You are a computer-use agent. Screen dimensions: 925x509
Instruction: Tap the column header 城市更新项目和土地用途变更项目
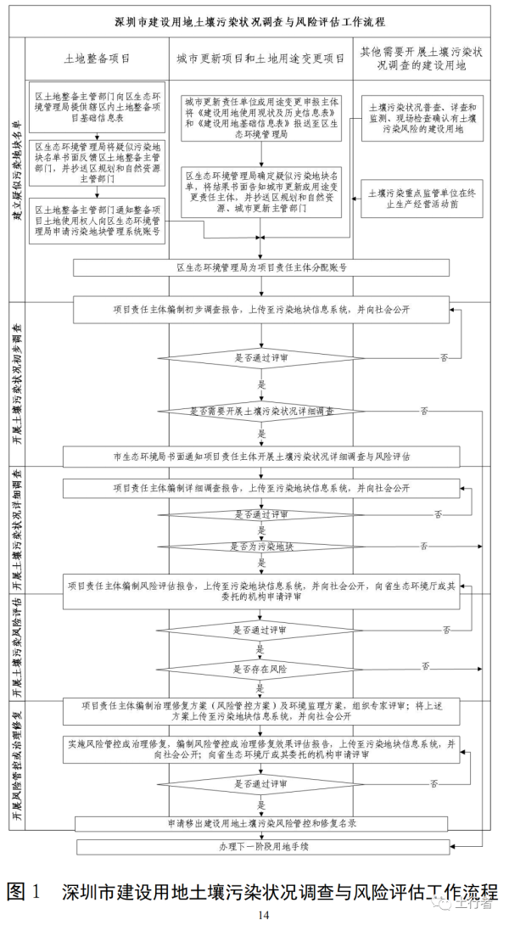coord(260,59)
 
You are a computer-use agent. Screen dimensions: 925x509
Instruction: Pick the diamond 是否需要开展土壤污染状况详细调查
coord(260,411)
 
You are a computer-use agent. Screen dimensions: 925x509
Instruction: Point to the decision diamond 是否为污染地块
coord(260,546)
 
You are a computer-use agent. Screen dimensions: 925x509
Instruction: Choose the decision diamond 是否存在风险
coord(260,669)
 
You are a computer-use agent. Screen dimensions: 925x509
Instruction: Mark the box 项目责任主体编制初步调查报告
coord(261,310)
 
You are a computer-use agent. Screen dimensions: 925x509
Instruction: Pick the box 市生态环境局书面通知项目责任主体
coord(261,457)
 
